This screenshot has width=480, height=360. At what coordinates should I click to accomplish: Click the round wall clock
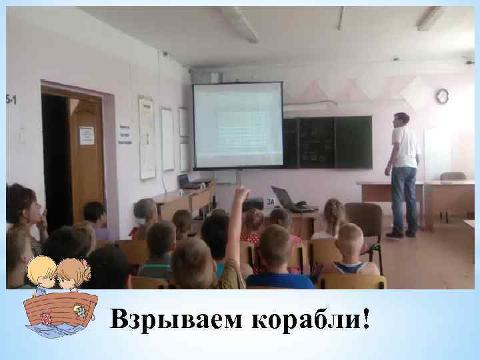(x=442, y=96)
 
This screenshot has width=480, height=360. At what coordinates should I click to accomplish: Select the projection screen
(x=237, y=125)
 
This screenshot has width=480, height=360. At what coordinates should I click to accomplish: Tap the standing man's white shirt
(x=405, y=147)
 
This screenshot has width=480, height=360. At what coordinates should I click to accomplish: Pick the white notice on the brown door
(x=86, y=135)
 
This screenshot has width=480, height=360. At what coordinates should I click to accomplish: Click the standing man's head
(x=400, y=119)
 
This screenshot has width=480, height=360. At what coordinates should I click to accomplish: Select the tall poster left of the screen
(x=147, y=137)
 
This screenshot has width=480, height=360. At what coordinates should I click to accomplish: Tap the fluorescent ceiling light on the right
(x=429, y=18)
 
